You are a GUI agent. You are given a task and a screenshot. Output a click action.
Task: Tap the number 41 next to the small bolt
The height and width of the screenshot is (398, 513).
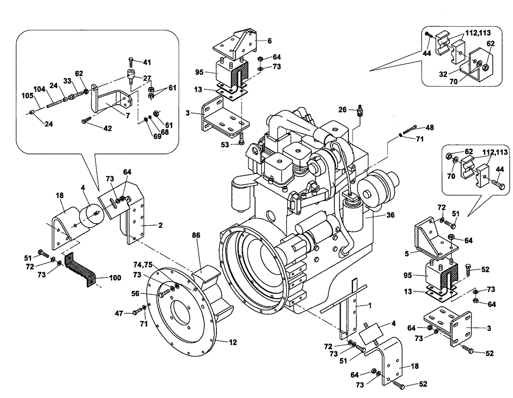[147, 62]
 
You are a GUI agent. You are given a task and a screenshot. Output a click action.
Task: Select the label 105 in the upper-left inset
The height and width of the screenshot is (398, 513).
[27, 95]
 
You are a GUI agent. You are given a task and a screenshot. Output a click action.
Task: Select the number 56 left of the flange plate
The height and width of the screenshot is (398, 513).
[150, 293]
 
